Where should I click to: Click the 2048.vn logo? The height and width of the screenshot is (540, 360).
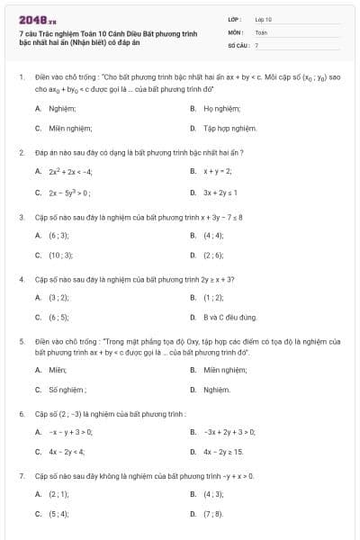(x=31, y=19)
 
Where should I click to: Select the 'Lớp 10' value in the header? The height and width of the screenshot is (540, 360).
(x=263, y=18)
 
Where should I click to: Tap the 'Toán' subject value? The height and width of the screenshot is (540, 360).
(x=261, y=31)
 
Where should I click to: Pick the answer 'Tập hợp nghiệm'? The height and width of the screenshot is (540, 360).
(x=229, y=129)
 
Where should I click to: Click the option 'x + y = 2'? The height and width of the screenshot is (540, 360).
(x=218, y=171)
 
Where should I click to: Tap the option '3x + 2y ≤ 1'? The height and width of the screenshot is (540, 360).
(x=220, y=193)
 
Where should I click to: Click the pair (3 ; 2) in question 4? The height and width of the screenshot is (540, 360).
(x=58, y=297)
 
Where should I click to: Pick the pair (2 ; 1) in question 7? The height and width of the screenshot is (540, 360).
(x=58, y=494)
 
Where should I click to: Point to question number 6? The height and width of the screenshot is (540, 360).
(x=21, y=414)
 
